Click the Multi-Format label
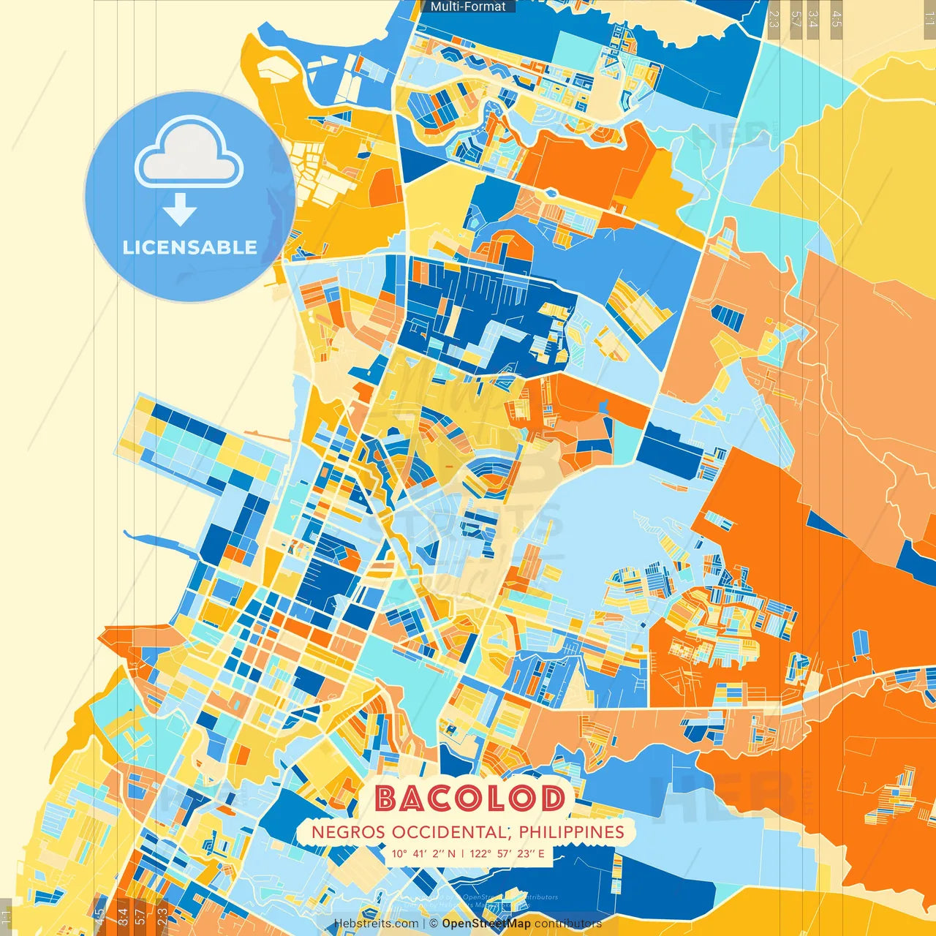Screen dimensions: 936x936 click(468, 7)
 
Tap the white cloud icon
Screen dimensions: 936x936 click(189, 155)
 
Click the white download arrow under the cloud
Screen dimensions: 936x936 click(180, 209)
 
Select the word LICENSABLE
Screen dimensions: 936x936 click(190, 247)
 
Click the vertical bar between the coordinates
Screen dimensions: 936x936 click(462, 853)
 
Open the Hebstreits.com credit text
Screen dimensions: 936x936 click(376, 924)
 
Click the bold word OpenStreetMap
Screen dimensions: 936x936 click(486, 924)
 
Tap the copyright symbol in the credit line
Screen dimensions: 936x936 click(434, 924)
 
